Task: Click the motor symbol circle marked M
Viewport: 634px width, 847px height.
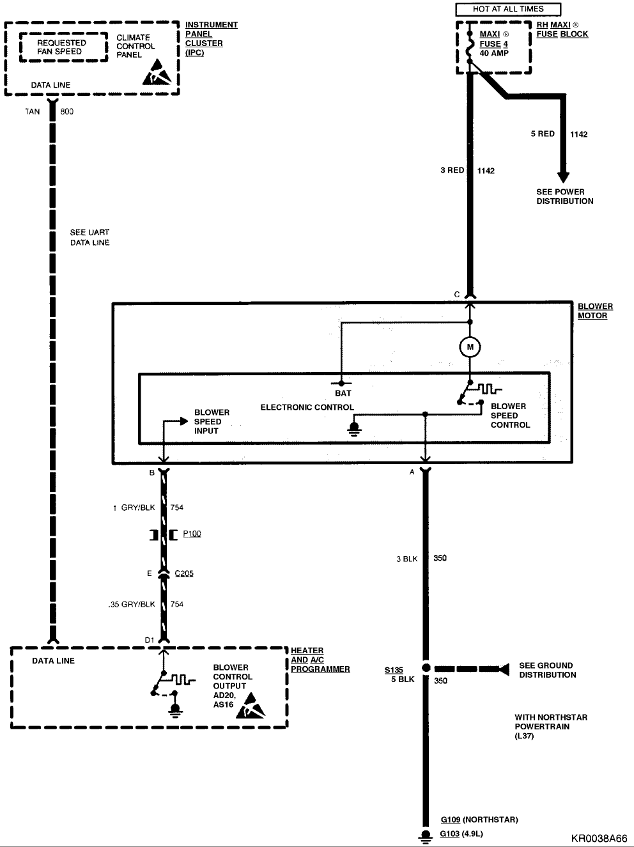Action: tap(470, 347)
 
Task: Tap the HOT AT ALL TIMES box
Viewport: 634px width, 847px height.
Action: tap(508, 9)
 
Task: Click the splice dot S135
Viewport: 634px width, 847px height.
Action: tap(426, 668)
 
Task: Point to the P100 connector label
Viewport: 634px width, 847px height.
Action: tap(192, 534)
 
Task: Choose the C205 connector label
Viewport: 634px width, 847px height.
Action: tap(184, 573)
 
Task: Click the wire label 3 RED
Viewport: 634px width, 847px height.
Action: tap(452, 170)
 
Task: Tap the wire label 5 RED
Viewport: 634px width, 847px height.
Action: tap(543, 134)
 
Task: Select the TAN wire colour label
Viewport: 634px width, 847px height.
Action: tap(33, 111)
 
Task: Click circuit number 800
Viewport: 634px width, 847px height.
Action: tap(66, 111)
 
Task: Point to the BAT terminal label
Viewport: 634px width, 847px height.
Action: tap(343, 393)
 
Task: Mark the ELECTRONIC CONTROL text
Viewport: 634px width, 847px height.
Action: tap(307, 407)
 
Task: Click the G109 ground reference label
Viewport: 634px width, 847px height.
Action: tap(451, 820)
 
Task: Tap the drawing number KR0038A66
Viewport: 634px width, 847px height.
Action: tap(599, 839)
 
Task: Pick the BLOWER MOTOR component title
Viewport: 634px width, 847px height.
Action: tap(595, 311)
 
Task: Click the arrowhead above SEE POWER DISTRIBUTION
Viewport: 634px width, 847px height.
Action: tap(563, 177)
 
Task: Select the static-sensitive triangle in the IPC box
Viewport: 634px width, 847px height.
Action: tap(157, 72)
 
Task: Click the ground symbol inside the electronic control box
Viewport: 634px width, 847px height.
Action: tap(354, 429)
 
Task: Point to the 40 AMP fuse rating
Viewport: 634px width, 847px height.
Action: tap(494, 53)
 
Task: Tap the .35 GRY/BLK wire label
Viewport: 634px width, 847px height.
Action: tap(132, 604)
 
